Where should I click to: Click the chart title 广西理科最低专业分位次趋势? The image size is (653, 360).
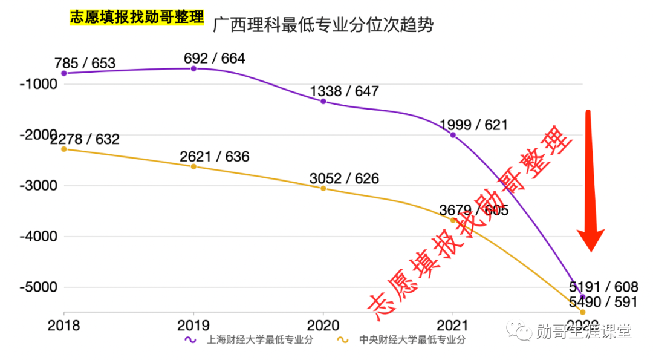pos(323,25)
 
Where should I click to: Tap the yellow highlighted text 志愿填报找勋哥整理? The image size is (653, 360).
pos(137,18)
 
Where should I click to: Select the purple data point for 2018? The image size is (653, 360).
pos(64,73)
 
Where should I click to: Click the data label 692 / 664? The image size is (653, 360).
pos(214,59)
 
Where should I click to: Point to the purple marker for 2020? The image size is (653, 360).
pos(323,101)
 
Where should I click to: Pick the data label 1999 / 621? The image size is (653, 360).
pos(473,125)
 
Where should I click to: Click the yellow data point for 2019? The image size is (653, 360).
pos(193,166)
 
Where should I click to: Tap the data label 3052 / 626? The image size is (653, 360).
pos(344,178)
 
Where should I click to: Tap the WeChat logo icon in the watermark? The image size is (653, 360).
pos(520,330)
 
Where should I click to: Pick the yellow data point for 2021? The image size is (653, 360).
pos(453,220)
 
